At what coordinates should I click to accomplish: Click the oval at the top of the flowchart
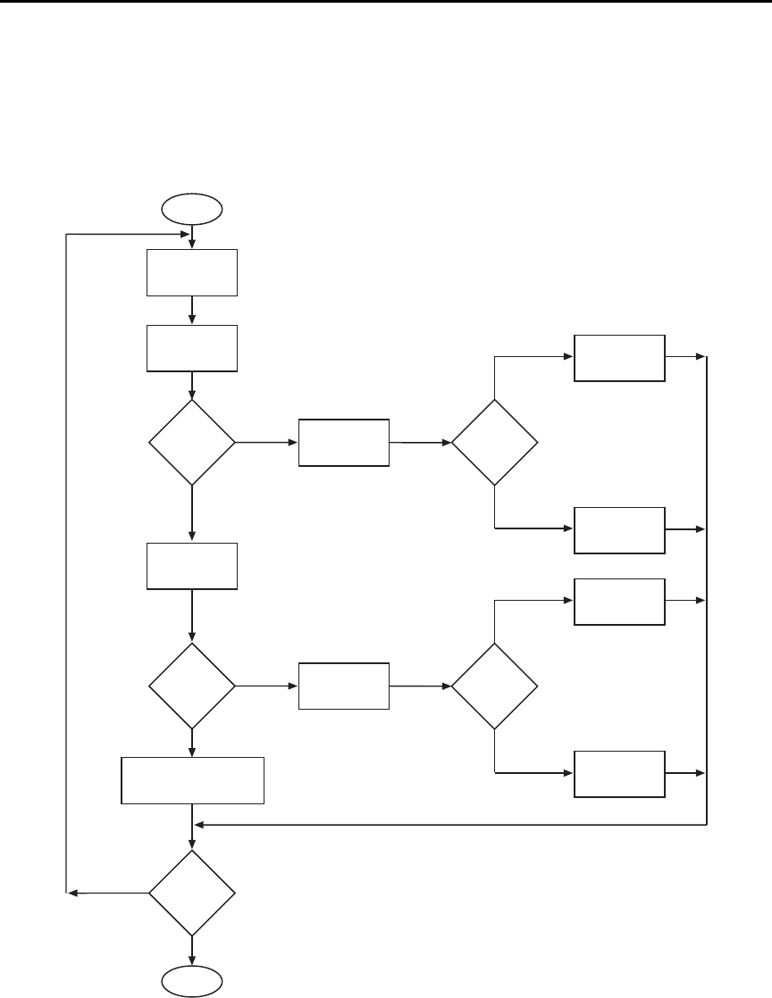(192, 210)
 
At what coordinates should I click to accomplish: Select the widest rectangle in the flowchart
(193, 780)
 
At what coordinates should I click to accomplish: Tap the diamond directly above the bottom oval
(192, 893)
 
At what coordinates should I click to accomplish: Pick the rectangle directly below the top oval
(192, 272)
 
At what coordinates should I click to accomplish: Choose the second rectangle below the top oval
(192, 348)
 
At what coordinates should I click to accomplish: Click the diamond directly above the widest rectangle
(192, 686)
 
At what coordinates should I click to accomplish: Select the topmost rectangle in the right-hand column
(619, 358)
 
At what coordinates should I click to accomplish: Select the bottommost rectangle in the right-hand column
(619, 774)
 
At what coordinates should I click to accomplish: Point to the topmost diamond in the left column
(192, 442)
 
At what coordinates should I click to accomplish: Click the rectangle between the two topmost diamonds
(344, 442)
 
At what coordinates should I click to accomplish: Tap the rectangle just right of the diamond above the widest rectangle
(344, 686)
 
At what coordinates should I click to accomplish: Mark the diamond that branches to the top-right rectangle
(495, 442)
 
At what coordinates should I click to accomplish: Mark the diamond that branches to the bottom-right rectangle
(495, 686)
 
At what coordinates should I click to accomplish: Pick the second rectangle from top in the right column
(619, 530)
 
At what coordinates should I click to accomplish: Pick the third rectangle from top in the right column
(619, 602)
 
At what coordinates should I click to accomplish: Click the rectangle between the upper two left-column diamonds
(192, 566)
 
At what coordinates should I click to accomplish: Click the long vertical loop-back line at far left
(67, 562)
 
